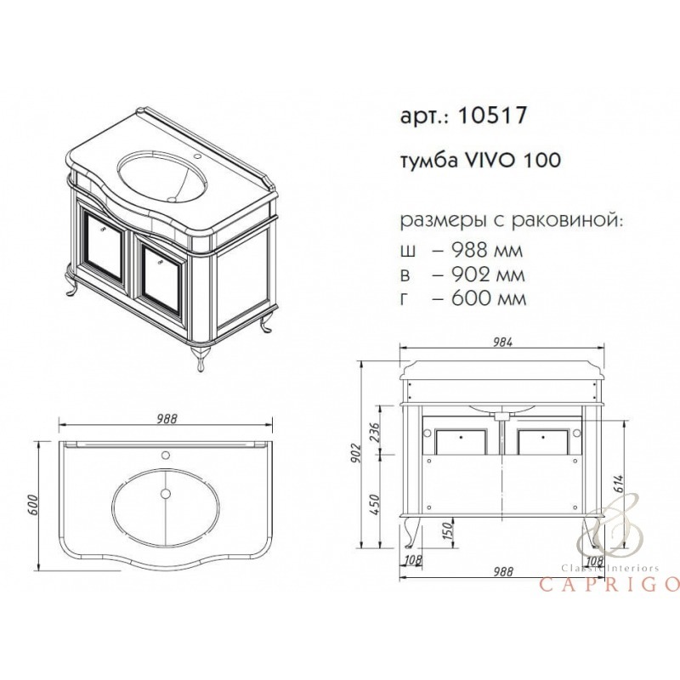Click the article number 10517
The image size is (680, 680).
(492, 116)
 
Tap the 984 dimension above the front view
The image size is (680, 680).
(502, 343)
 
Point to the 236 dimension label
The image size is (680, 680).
(375, 432)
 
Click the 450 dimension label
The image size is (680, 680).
(375, 504)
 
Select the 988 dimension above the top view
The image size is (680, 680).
(167, 419)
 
